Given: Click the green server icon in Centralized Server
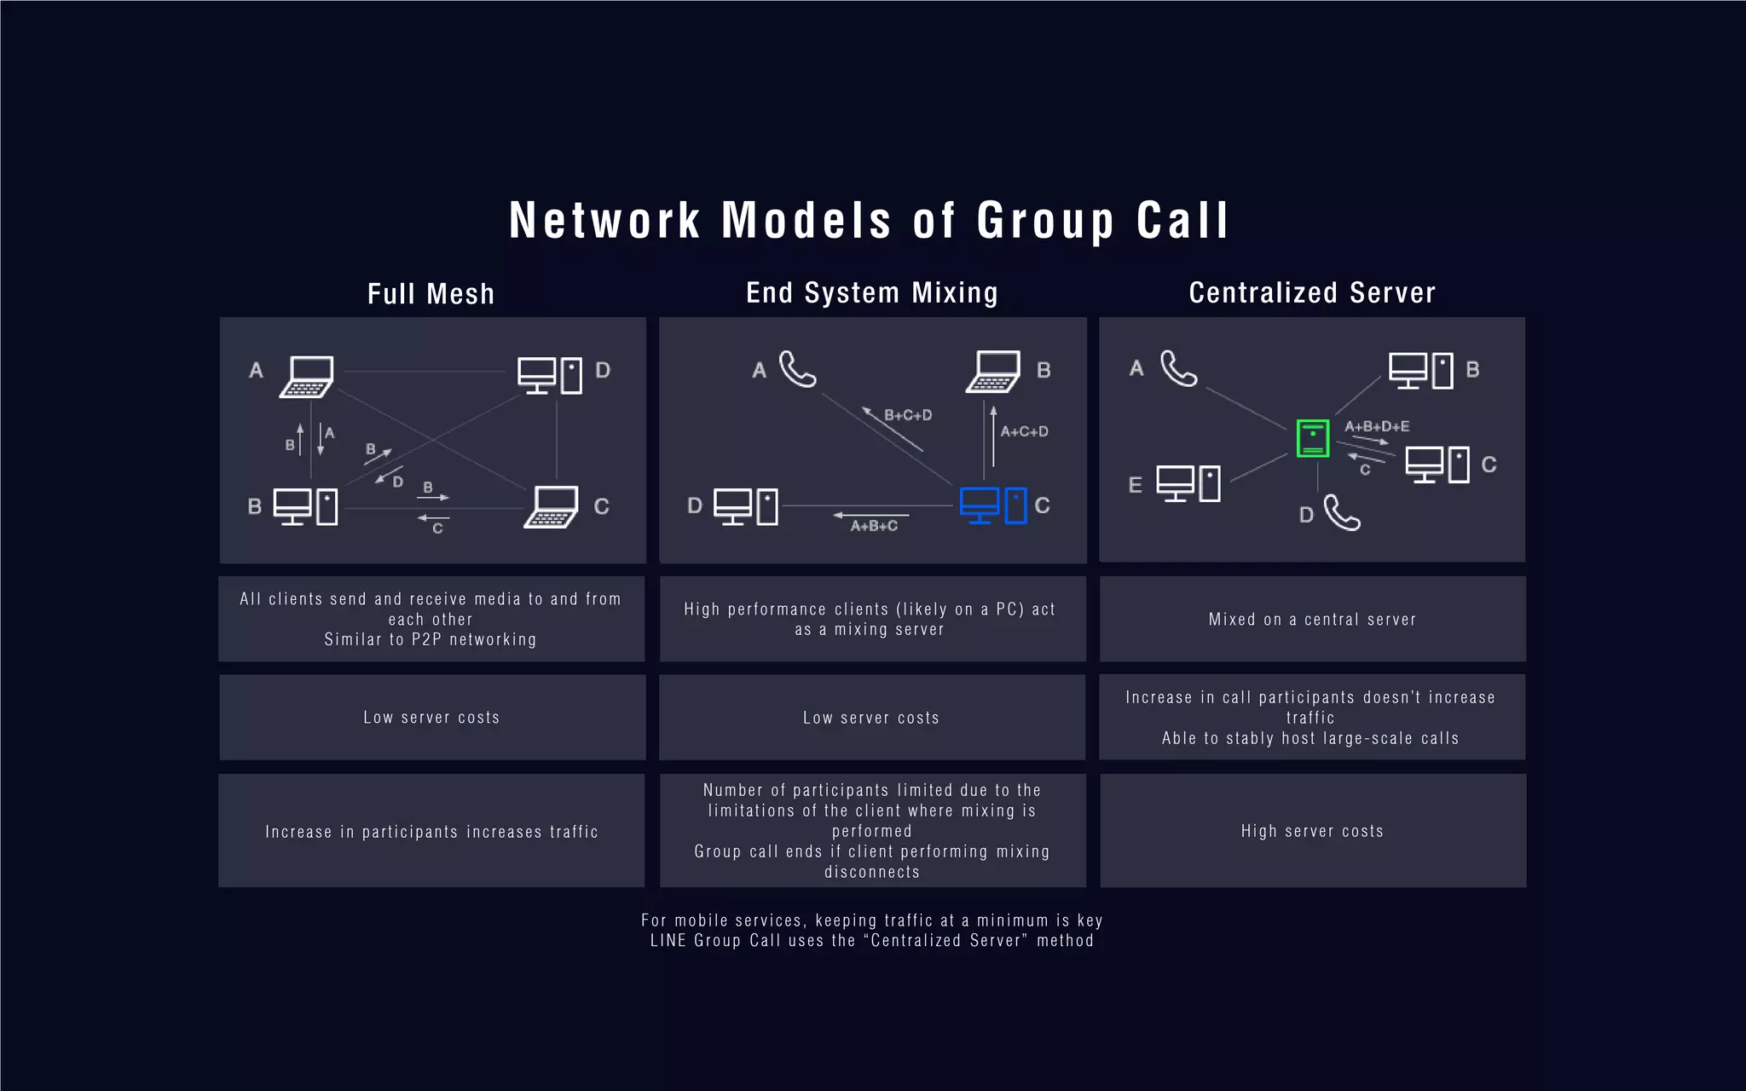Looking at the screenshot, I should pyautogui.click(x=1312, y=438).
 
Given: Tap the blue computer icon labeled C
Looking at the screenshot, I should pyautogui.click(x=992, y=505).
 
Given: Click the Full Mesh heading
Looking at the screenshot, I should pyautogui.click(x=431, y=294).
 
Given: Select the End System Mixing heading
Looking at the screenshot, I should pyautogui.click(x=871, y=292).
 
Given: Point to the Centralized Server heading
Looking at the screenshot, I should pyautogui.click(x=1312, y=292).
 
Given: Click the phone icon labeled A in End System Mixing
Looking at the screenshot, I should pyautogui.click(x=798, y=369).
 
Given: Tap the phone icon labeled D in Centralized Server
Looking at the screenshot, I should pyautogui.click(x=1342, y=513).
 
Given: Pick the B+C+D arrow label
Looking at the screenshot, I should pyautogui.click(x=908, y=415).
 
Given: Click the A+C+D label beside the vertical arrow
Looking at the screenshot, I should pyautogui.click(x=1024, y=431).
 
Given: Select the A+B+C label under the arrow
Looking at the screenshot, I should pyautogui.click(x=874, y=526).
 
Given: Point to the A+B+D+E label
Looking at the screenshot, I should pyautogui.click(x=1377, y=426).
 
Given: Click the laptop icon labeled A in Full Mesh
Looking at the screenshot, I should pyautogui.click(x=307, y=377).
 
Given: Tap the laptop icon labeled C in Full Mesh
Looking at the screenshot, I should pyautogui.click(x=552, y=507).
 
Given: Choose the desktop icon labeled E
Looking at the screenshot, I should pyautogui.click(x=1188, y=483).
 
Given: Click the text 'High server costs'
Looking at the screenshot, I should pyautogui.click(x=1312, y=831).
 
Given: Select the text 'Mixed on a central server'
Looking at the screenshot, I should pyautogui.click(x=1312, y=620).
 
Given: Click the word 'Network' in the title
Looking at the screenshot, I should pyautogui.click(x=604, y=221).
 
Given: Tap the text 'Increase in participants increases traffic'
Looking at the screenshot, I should pyautogui.click(x=431, y=832).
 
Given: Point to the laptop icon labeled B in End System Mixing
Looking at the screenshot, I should pyautogui.click(x=993, y=372).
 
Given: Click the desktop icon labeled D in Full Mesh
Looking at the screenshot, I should pyautogui.click(x=550, y=375).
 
